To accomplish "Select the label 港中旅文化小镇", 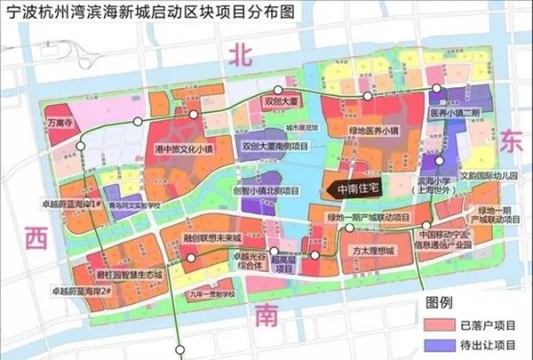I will (x=184, y=148).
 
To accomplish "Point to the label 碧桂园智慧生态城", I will (x=129, y=276).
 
